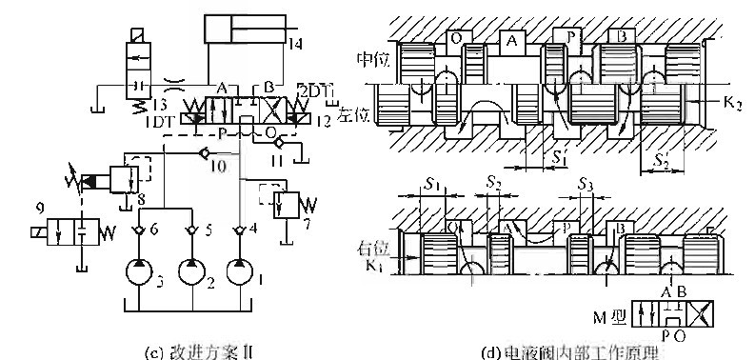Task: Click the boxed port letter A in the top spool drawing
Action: (x=513, y=42)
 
